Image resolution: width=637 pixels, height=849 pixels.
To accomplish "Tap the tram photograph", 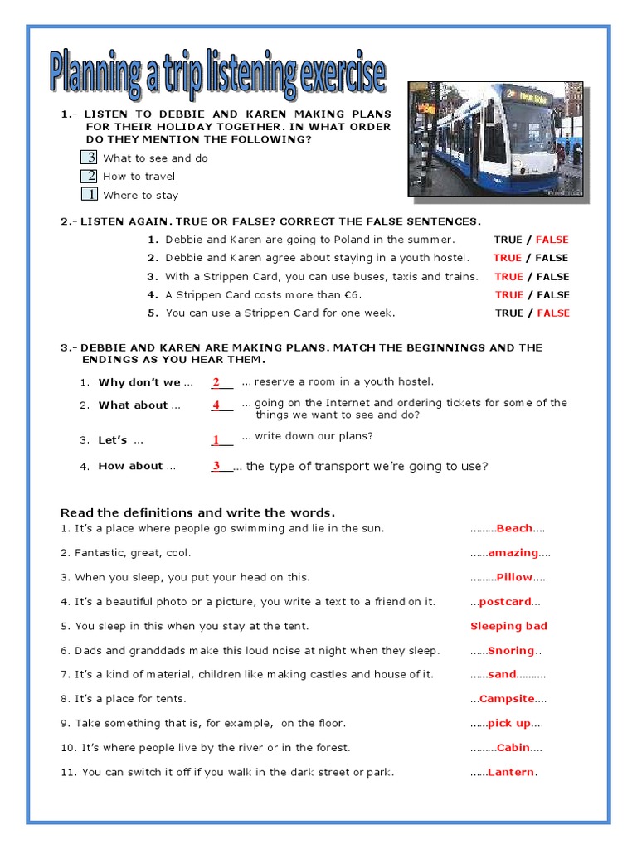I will click(x=495, y=139).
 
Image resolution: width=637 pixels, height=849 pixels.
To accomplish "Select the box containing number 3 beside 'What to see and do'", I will click(x=89, y=158).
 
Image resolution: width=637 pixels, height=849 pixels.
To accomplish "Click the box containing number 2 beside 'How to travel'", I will click(x=89, y=176).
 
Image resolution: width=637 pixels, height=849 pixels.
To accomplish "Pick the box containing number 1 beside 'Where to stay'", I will click(x=89, y=195).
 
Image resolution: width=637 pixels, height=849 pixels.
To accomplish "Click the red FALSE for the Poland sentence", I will click(x=552, y=240).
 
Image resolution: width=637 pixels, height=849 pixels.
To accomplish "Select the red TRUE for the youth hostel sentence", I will click(x=507, y=258).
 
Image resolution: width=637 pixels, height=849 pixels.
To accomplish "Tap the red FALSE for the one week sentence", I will click(x=553, y=313).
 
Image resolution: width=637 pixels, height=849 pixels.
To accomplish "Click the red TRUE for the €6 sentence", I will click(x=509, y=295).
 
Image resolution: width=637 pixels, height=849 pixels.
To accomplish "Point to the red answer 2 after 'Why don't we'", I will click(x=216, y=382).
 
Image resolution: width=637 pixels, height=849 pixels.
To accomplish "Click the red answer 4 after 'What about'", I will click(x=216, y=405).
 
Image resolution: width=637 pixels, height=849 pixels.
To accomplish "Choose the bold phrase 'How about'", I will click(x=130, y=467).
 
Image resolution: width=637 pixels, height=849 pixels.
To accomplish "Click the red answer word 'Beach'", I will click(x=514, y=529).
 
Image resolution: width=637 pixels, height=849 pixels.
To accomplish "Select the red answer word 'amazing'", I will click(x=513, y=553).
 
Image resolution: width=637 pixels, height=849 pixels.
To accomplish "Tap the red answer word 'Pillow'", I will click(x=514, y=578).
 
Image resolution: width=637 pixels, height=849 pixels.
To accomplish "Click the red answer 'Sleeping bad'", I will click(x=508, y=627).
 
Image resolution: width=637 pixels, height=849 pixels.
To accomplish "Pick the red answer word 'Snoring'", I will click(x=511, y=652).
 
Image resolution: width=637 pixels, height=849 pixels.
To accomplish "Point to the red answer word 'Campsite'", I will click(x=507, y=700).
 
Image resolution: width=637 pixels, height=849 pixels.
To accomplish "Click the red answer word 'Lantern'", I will click(x=511, y=773).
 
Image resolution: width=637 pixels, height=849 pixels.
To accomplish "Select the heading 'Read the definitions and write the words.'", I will click(x=198, y=512).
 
